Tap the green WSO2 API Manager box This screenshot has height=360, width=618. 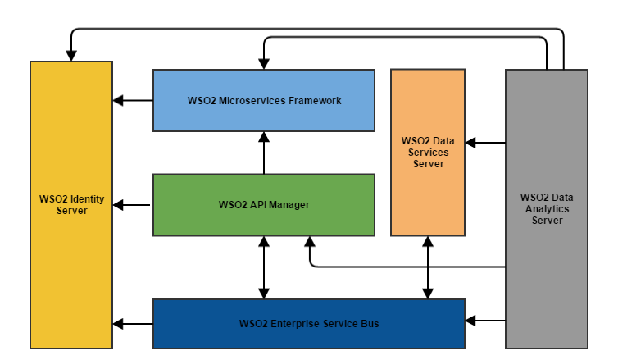coord(263,221)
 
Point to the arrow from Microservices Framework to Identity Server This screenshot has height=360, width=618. coord(133,101)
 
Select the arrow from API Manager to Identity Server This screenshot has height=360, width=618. coord(133,204)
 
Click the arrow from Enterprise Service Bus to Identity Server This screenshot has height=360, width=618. coord(133,323)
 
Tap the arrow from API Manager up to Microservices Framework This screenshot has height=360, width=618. coord(264,153)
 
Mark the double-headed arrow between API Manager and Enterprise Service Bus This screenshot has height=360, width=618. coord(264,267)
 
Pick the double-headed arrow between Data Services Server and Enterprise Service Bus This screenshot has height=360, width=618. coord(427,267)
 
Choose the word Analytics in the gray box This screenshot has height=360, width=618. coord(547,209)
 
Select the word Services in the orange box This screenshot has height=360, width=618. coord(427,153)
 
